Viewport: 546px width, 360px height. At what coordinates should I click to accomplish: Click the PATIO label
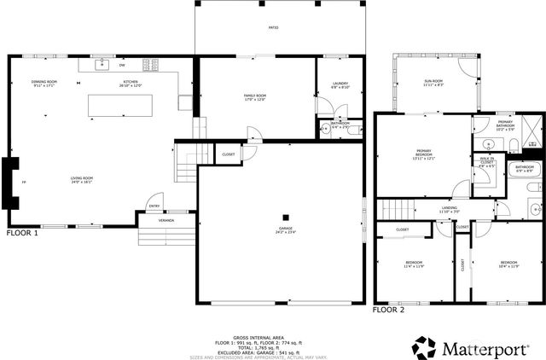point(273,28)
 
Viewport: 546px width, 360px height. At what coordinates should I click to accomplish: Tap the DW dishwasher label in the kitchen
point(122,65)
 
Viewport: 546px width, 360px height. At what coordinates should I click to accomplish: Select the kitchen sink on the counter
point(102,64)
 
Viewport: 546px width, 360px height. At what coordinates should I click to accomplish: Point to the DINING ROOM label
point(44,83)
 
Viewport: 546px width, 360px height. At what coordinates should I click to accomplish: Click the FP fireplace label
point(23,183)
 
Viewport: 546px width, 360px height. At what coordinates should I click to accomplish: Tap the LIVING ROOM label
point(82,180)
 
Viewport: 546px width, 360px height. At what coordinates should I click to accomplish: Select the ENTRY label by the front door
point(154,206)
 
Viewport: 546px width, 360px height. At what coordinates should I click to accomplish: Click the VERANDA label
point(166,221)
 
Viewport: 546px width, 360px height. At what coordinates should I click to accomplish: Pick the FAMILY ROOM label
point(256,97)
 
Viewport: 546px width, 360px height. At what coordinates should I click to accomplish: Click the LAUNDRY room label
point(340,84)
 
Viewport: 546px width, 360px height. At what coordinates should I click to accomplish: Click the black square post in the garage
point(287,216)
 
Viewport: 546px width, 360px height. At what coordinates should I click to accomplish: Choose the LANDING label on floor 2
point(426,209)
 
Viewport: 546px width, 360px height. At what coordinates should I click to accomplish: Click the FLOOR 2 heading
point(388,311)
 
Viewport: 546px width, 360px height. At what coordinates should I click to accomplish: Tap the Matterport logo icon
point(424,347)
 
